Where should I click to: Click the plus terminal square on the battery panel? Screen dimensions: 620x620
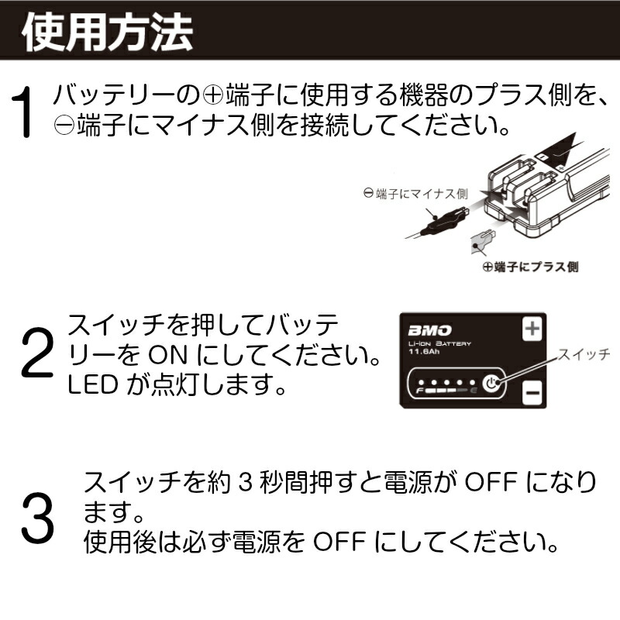(532, 328)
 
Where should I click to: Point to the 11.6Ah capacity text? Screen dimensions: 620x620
(423, 353)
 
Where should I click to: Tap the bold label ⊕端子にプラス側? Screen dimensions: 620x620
(530, 267)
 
